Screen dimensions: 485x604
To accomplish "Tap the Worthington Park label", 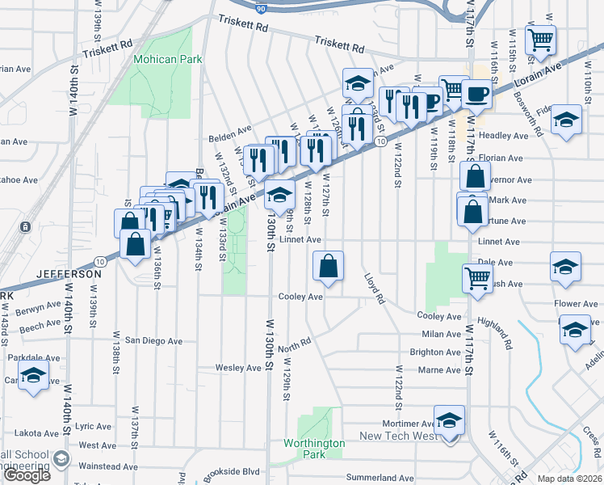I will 314,449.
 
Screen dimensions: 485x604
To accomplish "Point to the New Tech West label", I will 397,436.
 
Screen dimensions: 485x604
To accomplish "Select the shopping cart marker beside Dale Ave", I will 477,278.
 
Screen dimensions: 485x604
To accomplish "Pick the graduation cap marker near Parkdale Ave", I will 33,376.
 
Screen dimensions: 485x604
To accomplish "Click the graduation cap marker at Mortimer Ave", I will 449,421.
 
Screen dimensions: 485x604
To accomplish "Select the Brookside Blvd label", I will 231,471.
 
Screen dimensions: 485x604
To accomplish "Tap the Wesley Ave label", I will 238,368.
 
